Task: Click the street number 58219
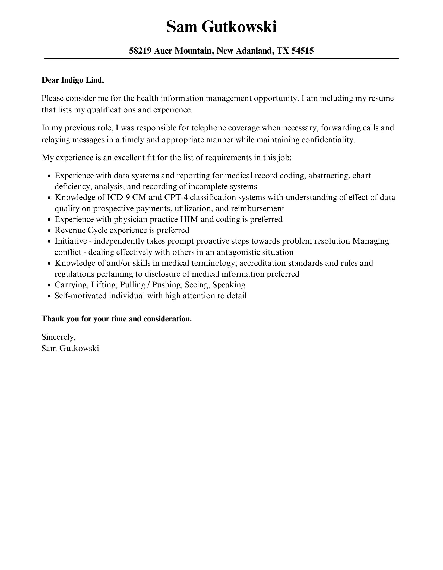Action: coord(140,51)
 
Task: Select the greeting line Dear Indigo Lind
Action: coord(73,80)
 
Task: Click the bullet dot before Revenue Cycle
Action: coord(49,231)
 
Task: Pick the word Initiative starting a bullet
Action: coord(71,241)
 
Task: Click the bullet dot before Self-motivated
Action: coord(49,296)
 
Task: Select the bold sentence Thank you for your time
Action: coord(117,319)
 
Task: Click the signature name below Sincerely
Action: coord(70,348)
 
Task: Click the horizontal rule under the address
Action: coord(221,58)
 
